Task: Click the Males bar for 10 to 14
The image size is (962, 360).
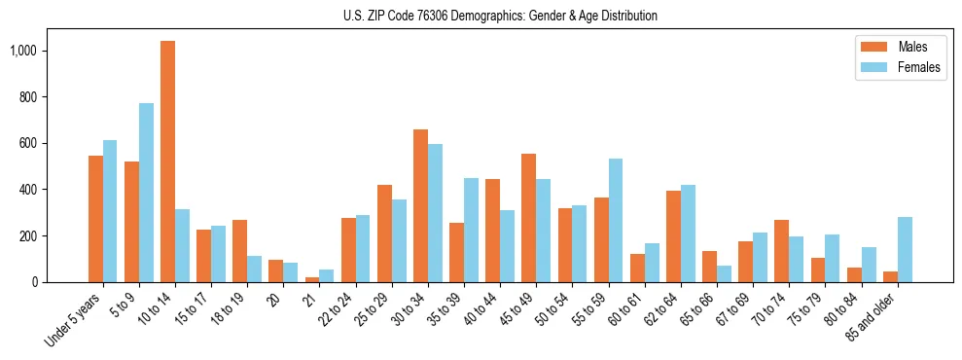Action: pos(168,162)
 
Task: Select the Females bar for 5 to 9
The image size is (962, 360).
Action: pos(146,193)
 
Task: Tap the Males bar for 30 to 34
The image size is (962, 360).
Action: pos(420,205)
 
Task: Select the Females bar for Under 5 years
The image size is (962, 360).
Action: pos(110,211)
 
